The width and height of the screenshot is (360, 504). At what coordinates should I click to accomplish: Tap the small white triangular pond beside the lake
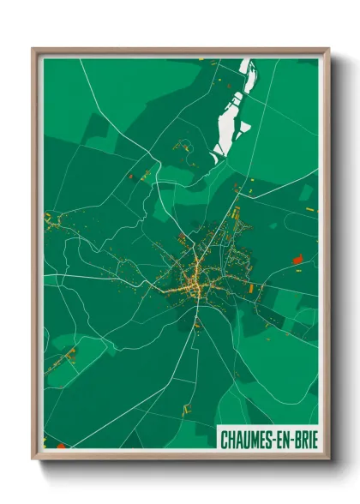[x=245, y=127]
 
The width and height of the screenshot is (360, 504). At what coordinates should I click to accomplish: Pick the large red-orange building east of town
[x=297, y=257]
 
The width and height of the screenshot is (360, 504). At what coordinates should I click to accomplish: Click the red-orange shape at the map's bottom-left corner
[x=60, y=445]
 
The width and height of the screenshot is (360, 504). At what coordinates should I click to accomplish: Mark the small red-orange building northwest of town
[x=130, y=176]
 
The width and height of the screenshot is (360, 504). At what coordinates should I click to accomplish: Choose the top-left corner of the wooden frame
[x=33, y=49]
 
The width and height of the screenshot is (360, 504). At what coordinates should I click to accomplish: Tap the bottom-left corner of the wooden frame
[x=33, y=459]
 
